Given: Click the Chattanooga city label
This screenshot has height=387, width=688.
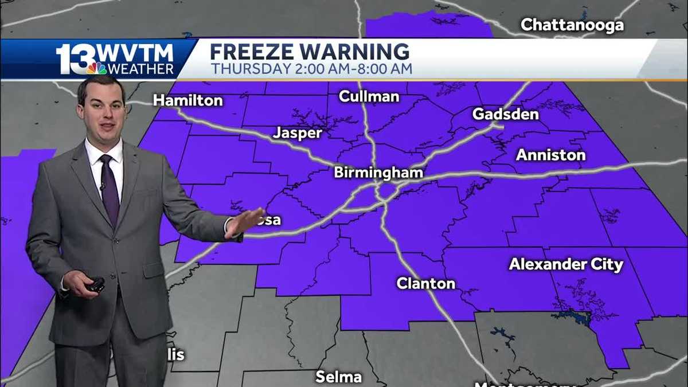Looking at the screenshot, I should pos(572,25).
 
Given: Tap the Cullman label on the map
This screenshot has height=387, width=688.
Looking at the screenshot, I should pos(369,96).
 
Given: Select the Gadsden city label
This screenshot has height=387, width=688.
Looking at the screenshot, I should pos(505,114).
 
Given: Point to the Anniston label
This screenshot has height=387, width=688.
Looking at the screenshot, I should pos(550,155).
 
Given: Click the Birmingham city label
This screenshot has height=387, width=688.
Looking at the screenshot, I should pos(378,173).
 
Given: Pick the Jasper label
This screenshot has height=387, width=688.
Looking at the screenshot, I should pos(297,133).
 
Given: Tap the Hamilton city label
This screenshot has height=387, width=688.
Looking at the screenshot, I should pos(187,100).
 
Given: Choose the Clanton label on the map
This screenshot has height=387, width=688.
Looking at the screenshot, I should pos(425,283).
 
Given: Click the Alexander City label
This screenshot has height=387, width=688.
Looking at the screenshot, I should pos(565,264).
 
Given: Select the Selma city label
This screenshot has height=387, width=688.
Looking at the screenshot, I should pos(338,377).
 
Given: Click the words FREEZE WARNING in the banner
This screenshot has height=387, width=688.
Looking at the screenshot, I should pos(310,52).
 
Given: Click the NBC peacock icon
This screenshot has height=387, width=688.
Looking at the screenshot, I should pos(97,68).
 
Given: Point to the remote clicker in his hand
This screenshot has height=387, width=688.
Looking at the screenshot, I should pos(95,284).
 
